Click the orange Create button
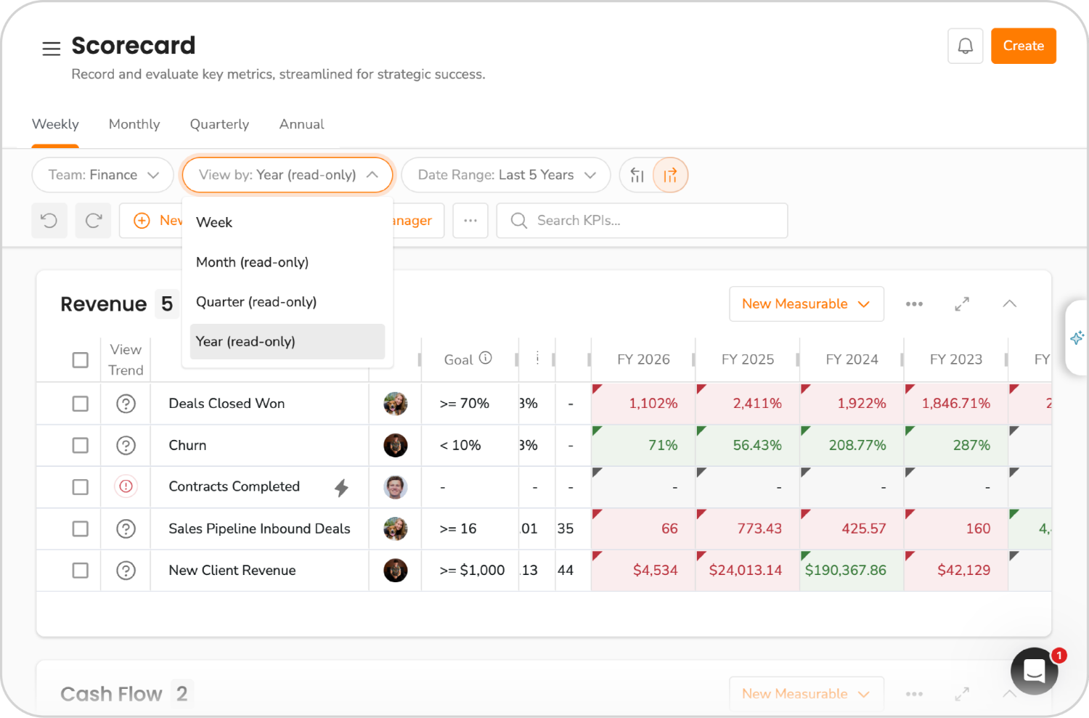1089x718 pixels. pyautogui.click(x=1023, y=46)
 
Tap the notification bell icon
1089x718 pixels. pyautogui.click(x=965, y=46)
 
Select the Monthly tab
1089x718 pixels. pyautogui.click(x=134, y=124)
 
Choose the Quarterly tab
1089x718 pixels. pyautogui.click(x=219, y=124)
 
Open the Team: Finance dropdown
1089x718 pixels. pyautogui.click(x=102, y=175)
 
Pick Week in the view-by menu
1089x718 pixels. pyautogui.click(x=214, y=222)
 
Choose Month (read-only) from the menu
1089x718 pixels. pyautogui.click(x=252, y=262)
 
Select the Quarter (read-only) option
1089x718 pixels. pyautogui.click(x=256, y=302)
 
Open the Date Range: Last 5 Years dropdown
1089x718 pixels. pyautogui.click(x=505, y=175)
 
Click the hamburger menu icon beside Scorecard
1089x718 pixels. pyautogui.click(x=51, y=49)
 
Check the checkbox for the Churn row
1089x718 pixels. pyautogui.click(x=81, y=445)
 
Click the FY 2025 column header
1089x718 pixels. pyautogui.click(x=747, y=359)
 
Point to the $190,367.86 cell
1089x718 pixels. pyautogui.click(x=846, y=571)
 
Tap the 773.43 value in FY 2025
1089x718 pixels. pyautogui.click(x=759, y=529)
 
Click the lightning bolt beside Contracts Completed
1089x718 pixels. pyautogui.click(x=341, y=488)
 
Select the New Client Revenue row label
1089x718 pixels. pyautogui.click(x=232, y=571)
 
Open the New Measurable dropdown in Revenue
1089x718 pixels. pyautogui.click(x=806, y=304)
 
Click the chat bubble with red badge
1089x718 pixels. pyautogui.click(x=1034, y=671)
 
